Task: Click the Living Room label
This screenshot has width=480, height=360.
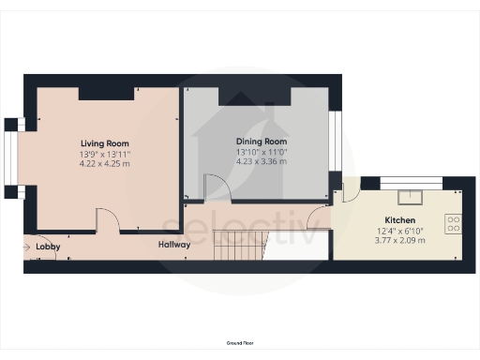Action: pos(104,143)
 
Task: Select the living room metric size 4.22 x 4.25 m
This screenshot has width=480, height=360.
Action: pos(104,163)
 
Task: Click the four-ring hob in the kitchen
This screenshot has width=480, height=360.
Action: pos(454,222)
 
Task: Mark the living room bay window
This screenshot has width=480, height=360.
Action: pos(11,157)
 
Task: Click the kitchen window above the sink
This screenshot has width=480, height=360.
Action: pos(409,179)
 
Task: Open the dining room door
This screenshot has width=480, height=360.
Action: pos(217,189)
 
